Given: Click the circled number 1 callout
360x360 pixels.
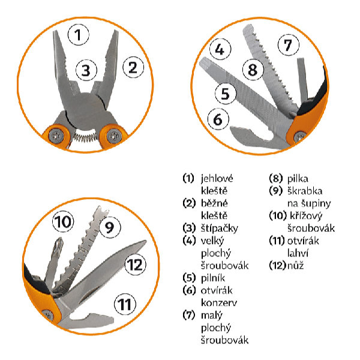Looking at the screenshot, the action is pos(78,35).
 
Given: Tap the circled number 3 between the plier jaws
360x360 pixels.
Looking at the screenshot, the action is pos(86,70).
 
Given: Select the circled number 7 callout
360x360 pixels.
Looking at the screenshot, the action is pos(289,45).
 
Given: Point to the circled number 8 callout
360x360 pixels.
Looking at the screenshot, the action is pos(253,70).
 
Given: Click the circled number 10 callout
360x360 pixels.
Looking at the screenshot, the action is pos(63,221).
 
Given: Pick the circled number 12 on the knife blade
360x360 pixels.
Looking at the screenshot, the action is pos(136,264).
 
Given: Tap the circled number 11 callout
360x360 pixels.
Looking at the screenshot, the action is pos(125,304).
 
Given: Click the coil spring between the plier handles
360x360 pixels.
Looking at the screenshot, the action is pos(85,137).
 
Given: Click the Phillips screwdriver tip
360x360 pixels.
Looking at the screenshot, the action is pos(59,245).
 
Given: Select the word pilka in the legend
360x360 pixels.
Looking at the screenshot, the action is pos(298,179).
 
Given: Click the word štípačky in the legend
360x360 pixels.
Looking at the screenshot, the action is pos(220,229).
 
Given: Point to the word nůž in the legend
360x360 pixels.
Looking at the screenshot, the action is pos(295,266).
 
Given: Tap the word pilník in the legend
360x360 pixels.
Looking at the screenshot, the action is pos(213,278).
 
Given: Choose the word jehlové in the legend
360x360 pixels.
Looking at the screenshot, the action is pos(217,179).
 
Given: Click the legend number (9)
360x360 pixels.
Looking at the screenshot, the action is pos(276,191).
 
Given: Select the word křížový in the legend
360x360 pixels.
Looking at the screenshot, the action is pos(306,216).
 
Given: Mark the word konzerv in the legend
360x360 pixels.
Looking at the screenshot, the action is pos(219,303).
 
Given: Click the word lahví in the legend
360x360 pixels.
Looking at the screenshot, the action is pos(298,253).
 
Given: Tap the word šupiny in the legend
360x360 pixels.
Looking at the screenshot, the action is pos(316,203).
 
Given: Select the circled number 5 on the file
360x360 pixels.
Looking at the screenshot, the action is pos(226,94).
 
